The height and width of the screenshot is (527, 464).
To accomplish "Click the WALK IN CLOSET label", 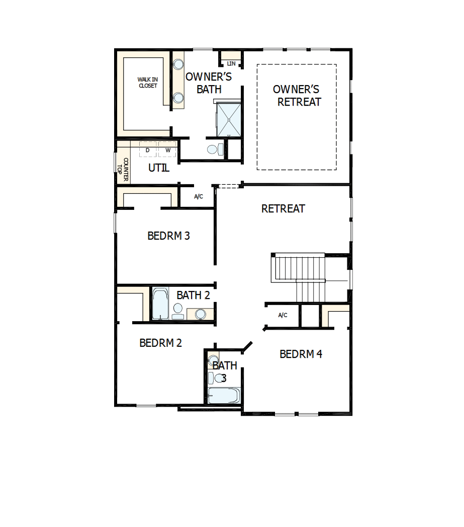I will pos(147,83).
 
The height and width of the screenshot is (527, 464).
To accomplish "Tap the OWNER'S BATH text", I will pos(209,83).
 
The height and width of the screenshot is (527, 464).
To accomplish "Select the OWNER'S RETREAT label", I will pos(297,96).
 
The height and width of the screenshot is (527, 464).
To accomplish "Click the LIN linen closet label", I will pos(231,63).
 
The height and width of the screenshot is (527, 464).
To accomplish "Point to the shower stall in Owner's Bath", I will pos(229,119).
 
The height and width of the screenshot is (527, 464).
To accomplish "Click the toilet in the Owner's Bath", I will pos(213,149).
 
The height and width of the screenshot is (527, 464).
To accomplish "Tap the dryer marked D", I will pos(148,150).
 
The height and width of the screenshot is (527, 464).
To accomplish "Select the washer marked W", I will pos(168,150).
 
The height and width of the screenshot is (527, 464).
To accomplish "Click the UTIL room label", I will pos(158,168).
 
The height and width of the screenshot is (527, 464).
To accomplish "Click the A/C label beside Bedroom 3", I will pos(199,196).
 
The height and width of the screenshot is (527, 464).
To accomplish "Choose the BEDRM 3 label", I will pos(168,236).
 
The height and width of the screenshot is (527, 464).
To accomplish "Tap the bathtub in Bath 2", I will pos(160,304).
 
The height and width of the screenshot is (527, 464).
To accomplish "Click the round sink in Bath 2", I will pos(200,314).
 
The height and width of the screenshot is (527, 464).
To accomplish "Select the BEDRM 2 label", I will pos(160,343).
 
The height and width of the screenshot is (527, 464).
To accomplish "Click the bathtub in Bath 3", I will pos(223,395).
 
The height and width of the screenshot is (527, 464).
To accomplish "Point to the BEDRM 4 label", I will pos(301,354).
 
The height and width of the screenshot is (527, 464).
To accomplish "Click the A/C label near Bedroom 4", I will pos(283,315).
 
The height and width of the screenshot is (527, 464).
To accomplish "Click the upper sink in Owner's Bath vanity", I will pos(178,64).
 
